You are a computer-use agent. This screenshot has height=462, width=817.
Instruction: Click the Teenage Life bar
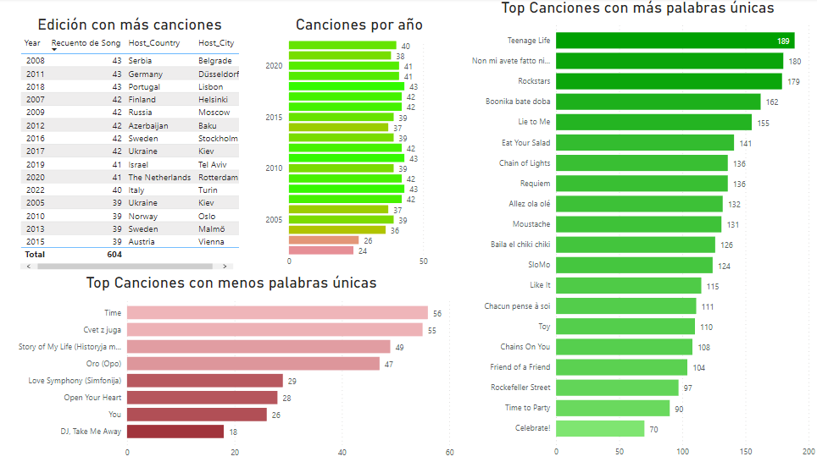pos(675,41)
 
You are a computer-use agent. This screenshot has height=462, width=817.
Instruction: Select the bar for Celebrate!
pos(600,428)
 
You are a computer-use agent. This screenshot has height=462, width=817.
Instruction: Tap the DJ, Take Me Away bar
pos(175,432)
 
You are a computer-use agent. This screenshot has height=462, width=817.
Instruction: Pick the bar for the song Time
pos(277,313)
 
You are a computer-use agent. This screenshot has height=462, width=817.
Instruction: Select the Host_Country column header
pos(153,43)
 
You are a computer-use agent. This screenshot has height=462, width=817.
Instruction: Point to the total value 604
pos(114,255)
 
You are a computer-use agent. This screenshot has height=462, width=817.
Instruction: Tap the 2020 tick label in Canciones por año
pos(274,66)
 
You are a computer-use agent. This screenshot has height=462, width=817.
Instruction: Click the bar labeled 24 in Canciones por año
pos(320,250)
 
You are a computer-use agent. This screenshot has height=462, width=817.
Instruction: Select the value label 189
pos(784,41)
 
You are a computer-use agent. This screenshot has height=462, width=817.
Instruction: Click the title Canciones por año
pos(359,25)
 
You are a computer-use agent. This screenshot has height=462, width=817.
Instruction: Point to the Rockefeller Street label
pos(520,388)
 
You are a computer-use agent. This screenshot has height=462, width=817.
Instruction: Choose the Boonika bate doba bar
pos(658,102)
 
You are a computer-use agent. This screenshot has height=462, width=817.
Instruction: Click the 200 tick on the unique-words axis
pos(809,451)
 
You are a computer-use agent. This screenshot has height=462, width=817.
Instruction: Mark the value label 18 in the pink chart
pos(233,432)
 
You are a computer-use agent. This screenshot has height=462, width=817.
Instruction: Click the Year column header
pos(32,43)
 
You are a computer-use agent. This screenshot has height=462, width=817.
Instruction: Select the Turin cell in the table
pos(209,190)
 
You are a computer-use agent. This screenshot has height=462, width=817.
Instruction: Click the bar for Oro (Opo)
pos(253,364)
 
